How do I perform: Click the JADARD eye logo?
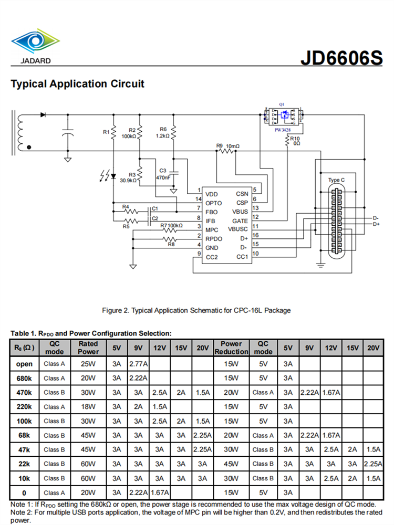pyautogui.click(x=36, y=41)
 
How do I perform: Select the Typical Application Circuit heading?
pyautogui.click(x=77, y=83)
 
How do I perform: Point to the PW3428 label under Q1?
pyautogui.click(x=283, y=129)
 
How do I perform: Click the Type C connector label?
pyautogui.click(x=337, y=180)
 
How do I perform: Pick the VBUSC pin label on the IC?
pyautogui.click(x=237, y=229)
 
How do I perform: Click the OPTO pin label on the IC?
pyautogui.click(x=214, y=203)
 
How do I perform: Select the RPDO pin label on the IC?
pyautogui.click(x=215, y=238)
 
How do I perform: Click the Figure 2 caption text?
pyautogui.click(x=196, y=310)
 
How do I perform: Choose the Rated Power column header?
pyautogui.click(x=88, y=348)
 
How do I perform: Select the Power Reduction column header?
pyautogui.click(x=231, y=348)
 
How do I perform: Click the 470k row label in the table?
pyautogui.click(x=24, y=392)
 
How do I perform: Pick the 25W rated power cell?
pyautogui.click(x=88, y=364)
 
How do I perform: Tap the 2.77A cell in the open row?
pyautogui.click(x=138, y=364)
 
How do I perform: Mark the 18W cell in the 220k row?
pyautogui.click(x=88, y=407)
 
